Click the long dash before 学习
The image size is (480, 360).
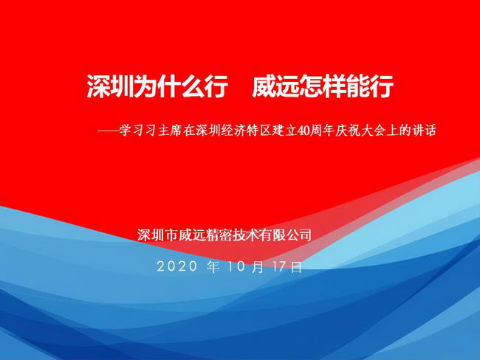pyautogui.click(x=108, y=131)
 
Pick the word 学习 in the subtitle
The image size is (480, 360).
pyautogui.click(x=132, y=131)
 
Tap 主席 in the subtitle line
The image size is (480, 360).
pyautogui.click(x=170, y=131)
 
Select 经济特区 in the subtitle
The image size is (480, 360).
pyautogui.click(x=247, y=131)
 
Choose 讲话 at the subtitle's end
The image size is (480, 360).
pyautogui.click(x=425, y=131)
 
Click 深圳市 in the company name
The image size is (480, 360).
pyautogui.click(x=157, y=235)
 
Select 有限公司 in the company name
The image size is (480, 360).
pyautogui.click(x=286, y=235)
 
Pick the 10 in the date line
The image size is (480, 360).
pyautogui.click(x=236, y=266)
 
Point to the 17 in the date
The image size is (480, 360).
pyautogui.click(x=279, y=266)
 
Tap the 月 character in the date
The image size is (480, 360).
pyautogui.click(x=258, y=267)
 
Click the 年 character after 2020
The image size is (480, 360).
pyautogui.click(x=213, y=266)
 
